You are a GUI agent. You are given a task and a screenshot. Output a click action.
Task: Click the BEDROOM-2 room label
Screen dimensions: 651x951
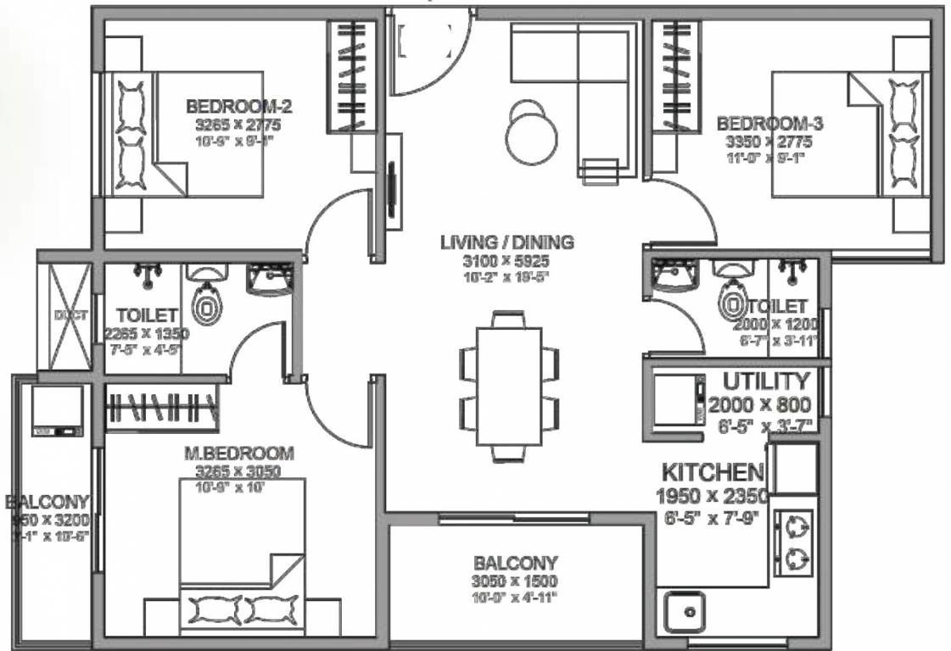[239, 108]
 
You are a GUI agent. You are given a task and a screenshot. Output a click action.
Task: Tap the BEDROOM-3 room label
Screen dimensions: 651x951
[769, 123]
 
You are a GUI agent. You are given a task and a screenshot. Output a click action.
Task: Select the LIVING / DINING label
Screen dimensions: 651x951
[506, 242]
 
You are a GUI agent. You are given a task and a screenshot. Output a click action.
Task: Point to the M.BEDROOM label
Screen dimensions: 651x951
[239, 454]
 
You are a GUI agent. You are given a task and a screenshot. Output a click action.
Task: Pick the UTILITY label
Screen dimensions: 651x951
[766, 381]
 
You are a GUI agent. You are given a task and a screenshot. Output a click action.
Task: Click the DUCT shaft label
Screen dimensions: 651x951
[64, 315]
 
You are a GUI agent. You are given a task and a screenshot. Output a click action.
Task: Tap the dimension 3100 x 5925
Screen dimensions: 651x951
[506, 260]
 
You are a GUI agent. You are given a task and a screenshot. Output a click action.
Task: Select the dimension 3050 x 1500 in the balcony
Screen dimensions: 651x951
[515, 581]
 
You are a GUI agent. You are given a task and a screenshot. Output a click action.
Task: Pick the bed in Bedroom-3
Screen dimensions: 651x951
[848, 136]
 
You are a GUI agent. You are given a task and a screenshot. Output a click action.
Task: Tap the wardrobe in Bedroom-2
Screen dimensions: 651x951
[351, 75]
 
